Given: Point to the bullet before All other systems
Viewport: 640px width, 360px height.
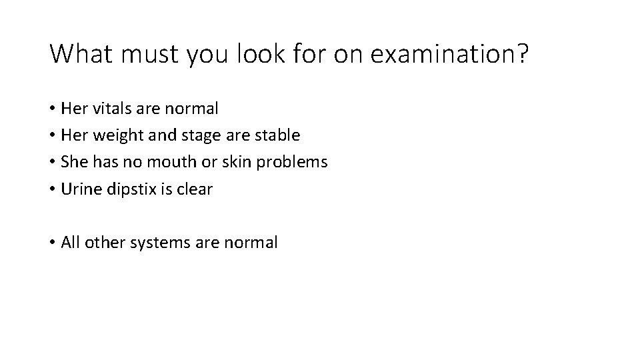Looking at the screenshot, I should (x=52, y=243).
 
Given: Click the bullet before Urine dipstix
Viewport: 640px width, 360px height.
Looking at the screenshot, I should (x=52, y=189).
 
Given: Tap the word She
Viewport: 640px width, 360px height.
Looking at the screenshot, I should (x=74, y=162).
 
